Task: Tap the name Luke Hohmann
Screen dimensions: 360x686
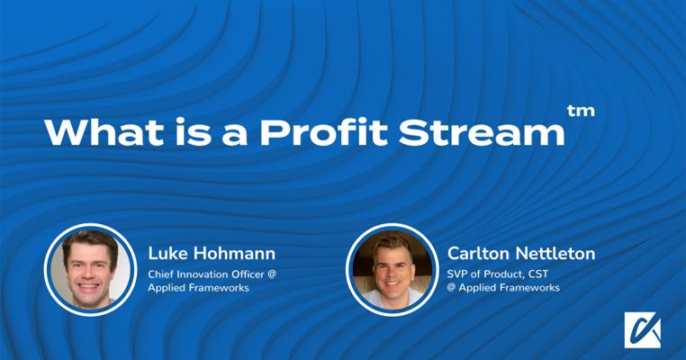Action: coord(197,253)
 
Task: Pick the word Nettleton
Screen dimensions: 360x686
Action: coord(553,253)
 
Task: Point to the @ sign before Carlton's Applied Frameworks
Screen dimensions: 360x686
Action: coord(453,288)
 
